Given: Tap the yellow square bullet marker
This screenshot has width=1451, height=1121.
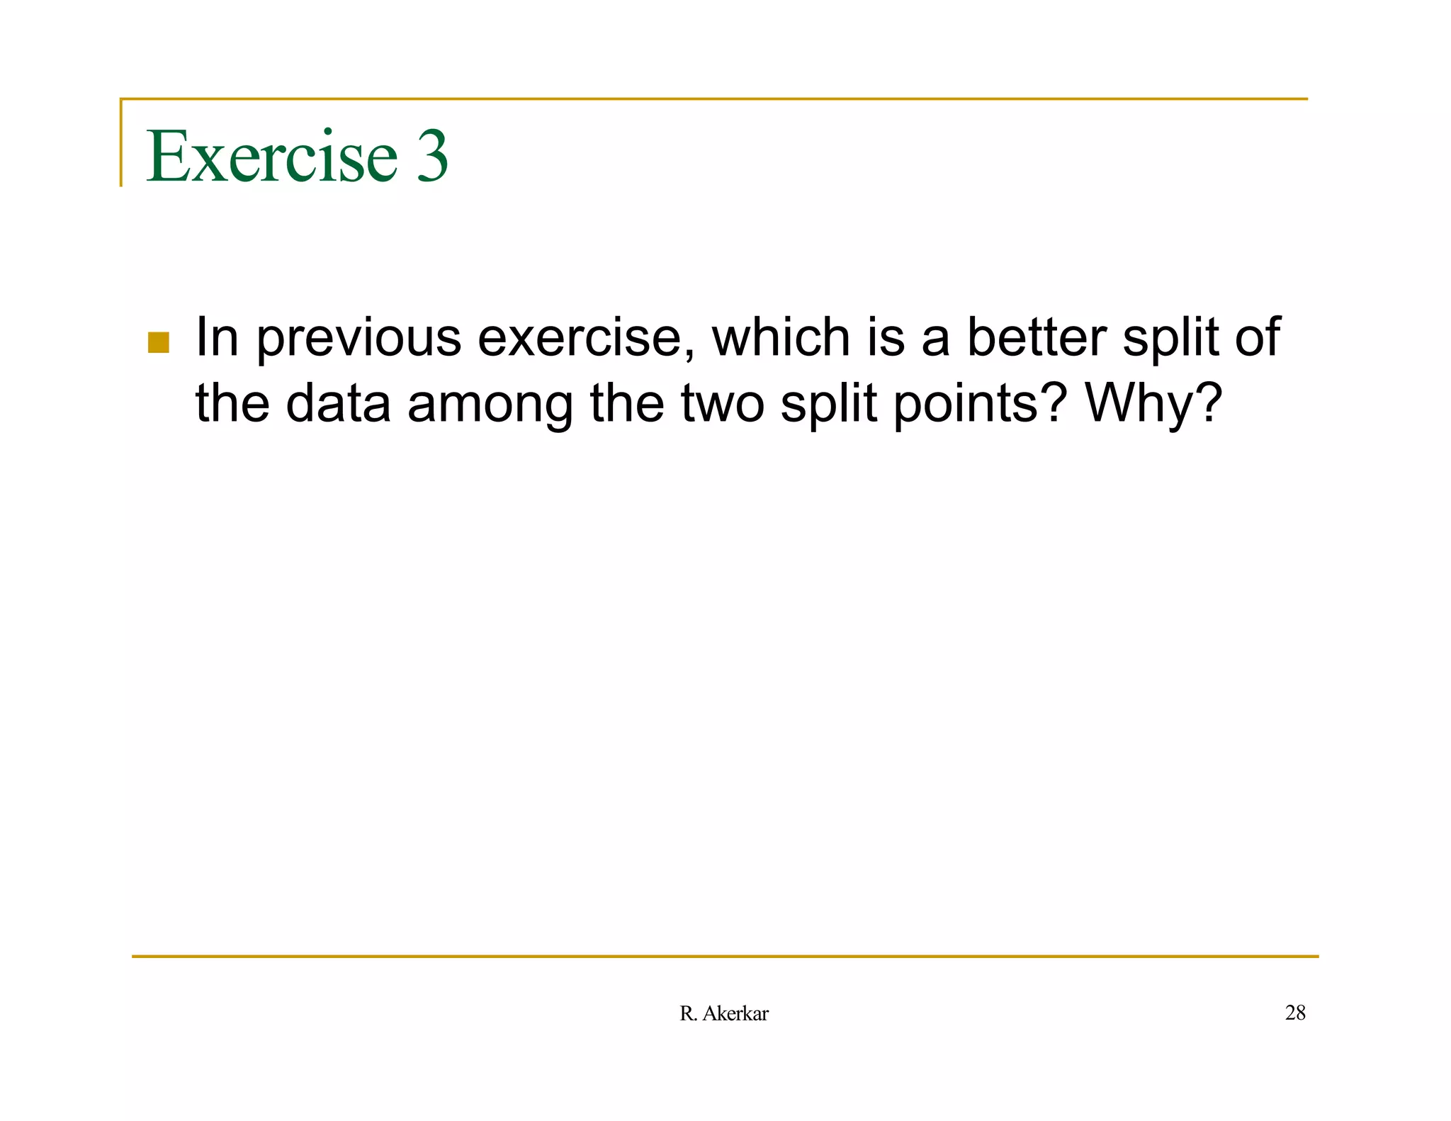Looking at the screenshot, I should point(159,342).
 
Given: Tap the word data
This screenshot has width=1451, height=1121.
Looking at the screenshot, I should point(338,404).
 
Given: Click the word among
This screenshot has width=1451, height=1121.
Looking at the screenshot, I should point(490,404).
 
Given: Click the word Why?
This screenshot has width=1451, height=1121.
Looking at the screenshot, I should point(1153,404).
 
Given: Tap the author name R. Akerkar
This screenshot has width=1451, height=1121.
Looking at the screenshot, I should point(723,1014).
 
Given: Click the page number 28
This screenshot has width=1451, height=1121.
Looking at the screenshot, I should point(1295,1013).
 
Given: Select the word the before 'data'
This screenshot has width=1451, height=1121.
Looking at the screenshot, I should point(232,404).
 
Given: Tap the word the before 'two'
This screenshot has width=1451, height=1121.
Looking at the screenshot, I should point(627,404).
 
